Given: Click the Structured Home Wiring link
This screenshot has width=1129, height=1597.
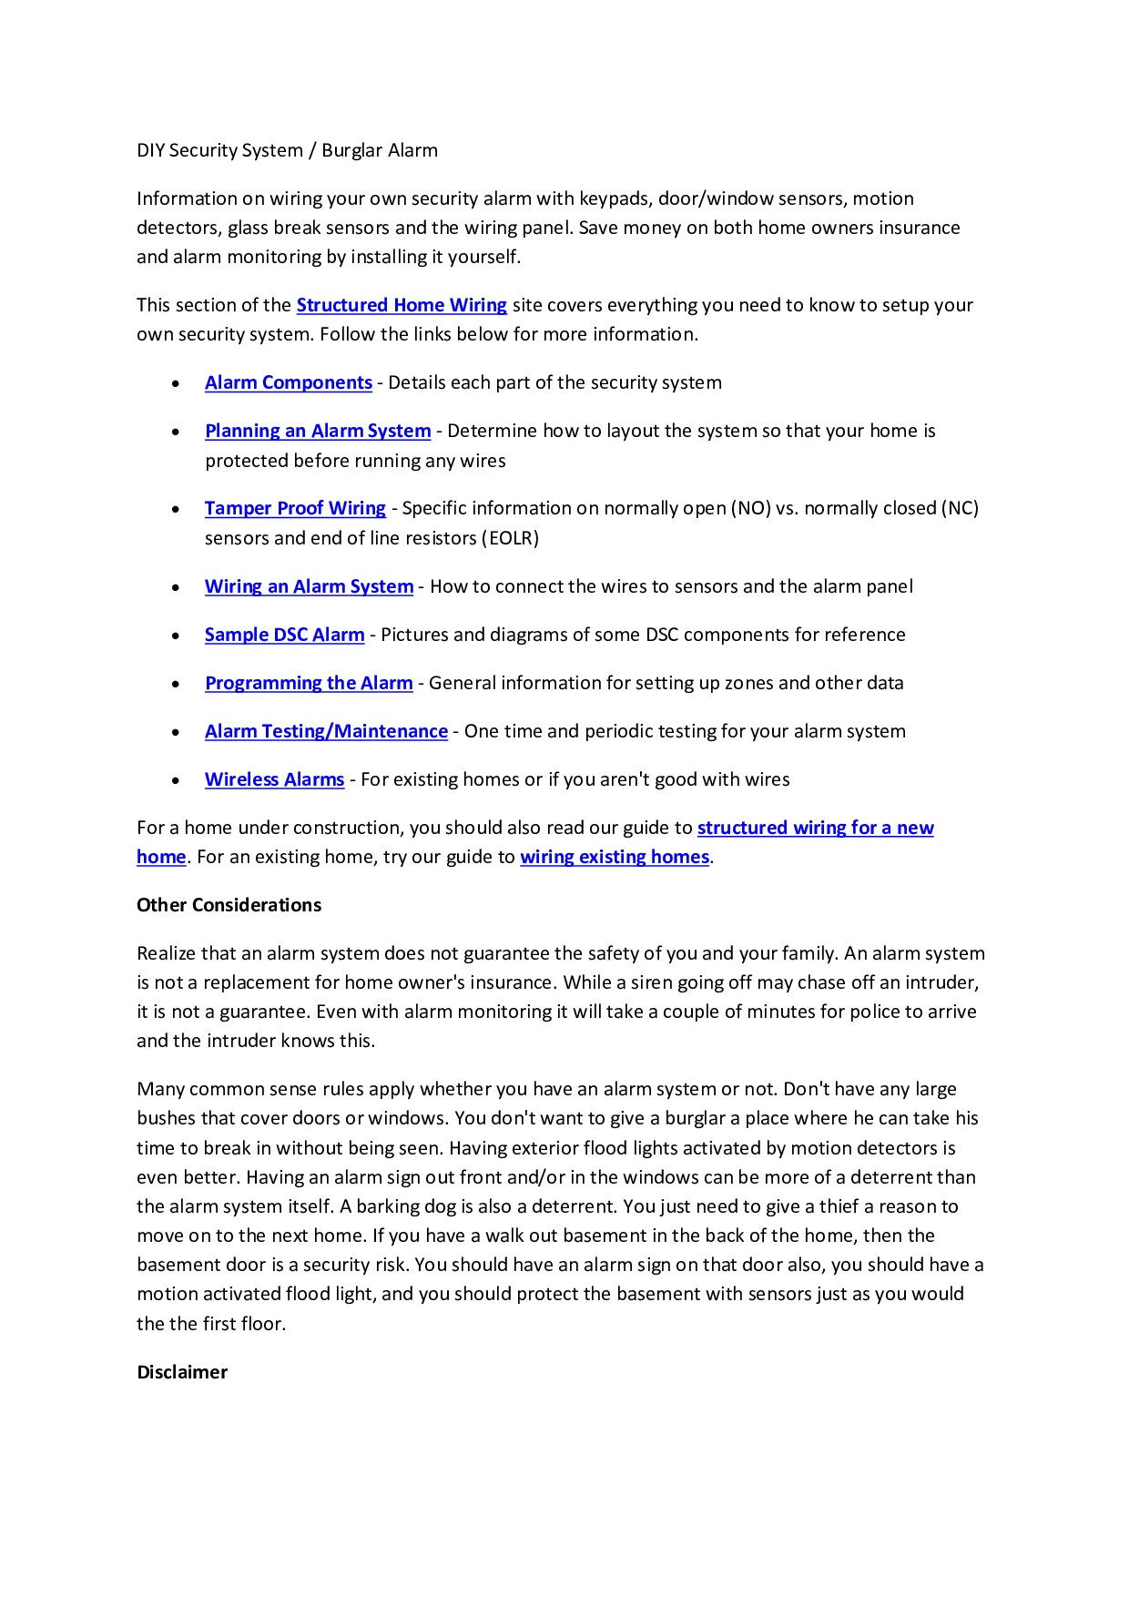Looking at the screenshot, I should pyautogui.click(x=402, y=305).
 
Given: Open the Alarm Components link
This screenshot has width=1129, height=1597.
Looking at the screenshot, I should pyautogui.click(x=288, y=382).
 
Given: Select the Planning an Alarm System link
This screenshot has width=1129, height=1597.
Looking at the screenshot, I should pyautogui.click(x=317, y=431).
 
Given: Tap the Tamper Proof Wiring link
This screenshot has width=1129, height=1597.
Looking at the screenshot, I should pyautogui.click(x=295, y=508).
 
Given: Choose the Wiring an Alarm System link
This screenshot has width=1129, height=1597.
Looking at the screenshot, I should pyautogui.click(x=309, y=586).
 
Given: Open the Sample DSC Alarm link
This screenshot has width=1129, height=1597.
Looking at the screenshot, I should pyautogui.click(x=284, y=635).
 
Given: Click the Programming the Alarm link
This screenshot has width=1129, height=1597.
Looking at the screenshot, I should pyautogui.click(x=309, y=683).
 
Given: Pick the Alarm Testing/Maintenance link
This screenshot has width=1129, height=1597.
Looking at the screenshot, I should pyautogui.click(x=326, y=731).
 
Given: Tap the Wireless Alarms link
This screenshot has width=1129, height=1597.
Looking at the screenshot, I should pyautogui.click(x=274, y=779).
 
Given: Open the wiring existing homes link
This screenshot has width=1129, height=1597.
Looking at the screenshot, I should pyautogui.click(x=614, y=857).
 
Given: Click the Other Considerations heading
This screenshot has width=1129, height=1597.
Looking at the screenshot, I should pyautogui.click(x=229, y=905).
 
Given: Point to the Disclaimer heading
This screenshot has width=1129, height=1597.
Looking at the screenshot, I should pyautogui.click(x=182, y=1372).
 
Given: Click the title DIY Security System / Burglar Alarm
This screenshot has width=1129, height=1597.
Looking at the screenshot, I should pyautogui.click(x=287, y=150).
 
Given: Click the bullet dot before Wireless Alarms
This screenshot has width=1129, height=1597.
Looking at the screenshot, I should pyautogui.click(x=175, y=781).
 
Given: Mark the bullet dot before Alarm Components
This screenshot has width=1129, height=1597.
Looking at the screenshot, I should pyautogui.click(x=175, y=384).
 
